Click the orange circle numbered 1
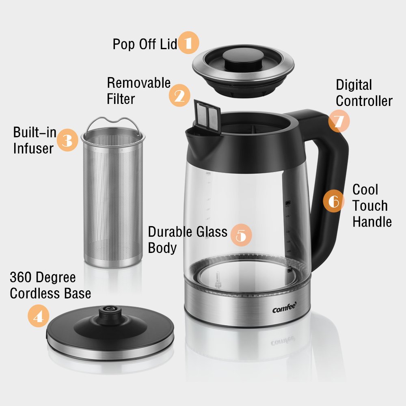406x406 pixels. coord(188,43)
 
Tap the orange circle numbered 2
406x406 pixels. coord(179,95)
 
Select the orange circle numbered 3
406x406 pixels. coord(67,140)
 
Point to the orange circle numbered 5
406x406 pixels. coord(241,235)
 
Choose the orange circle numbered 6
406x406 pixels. coord(334,201)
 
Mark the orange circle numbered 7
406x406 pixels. coord(339,121)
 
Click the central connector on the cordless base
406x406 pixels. coord(109,312)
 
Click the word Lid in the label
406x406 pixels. coord(168,44)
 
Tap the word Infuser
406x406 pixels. coord(33,148)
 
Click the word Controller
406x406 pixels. coord(364,101)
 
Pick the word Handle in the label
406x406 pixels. coord(372,222)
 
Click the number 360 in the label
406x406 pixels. coord(21,278)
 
